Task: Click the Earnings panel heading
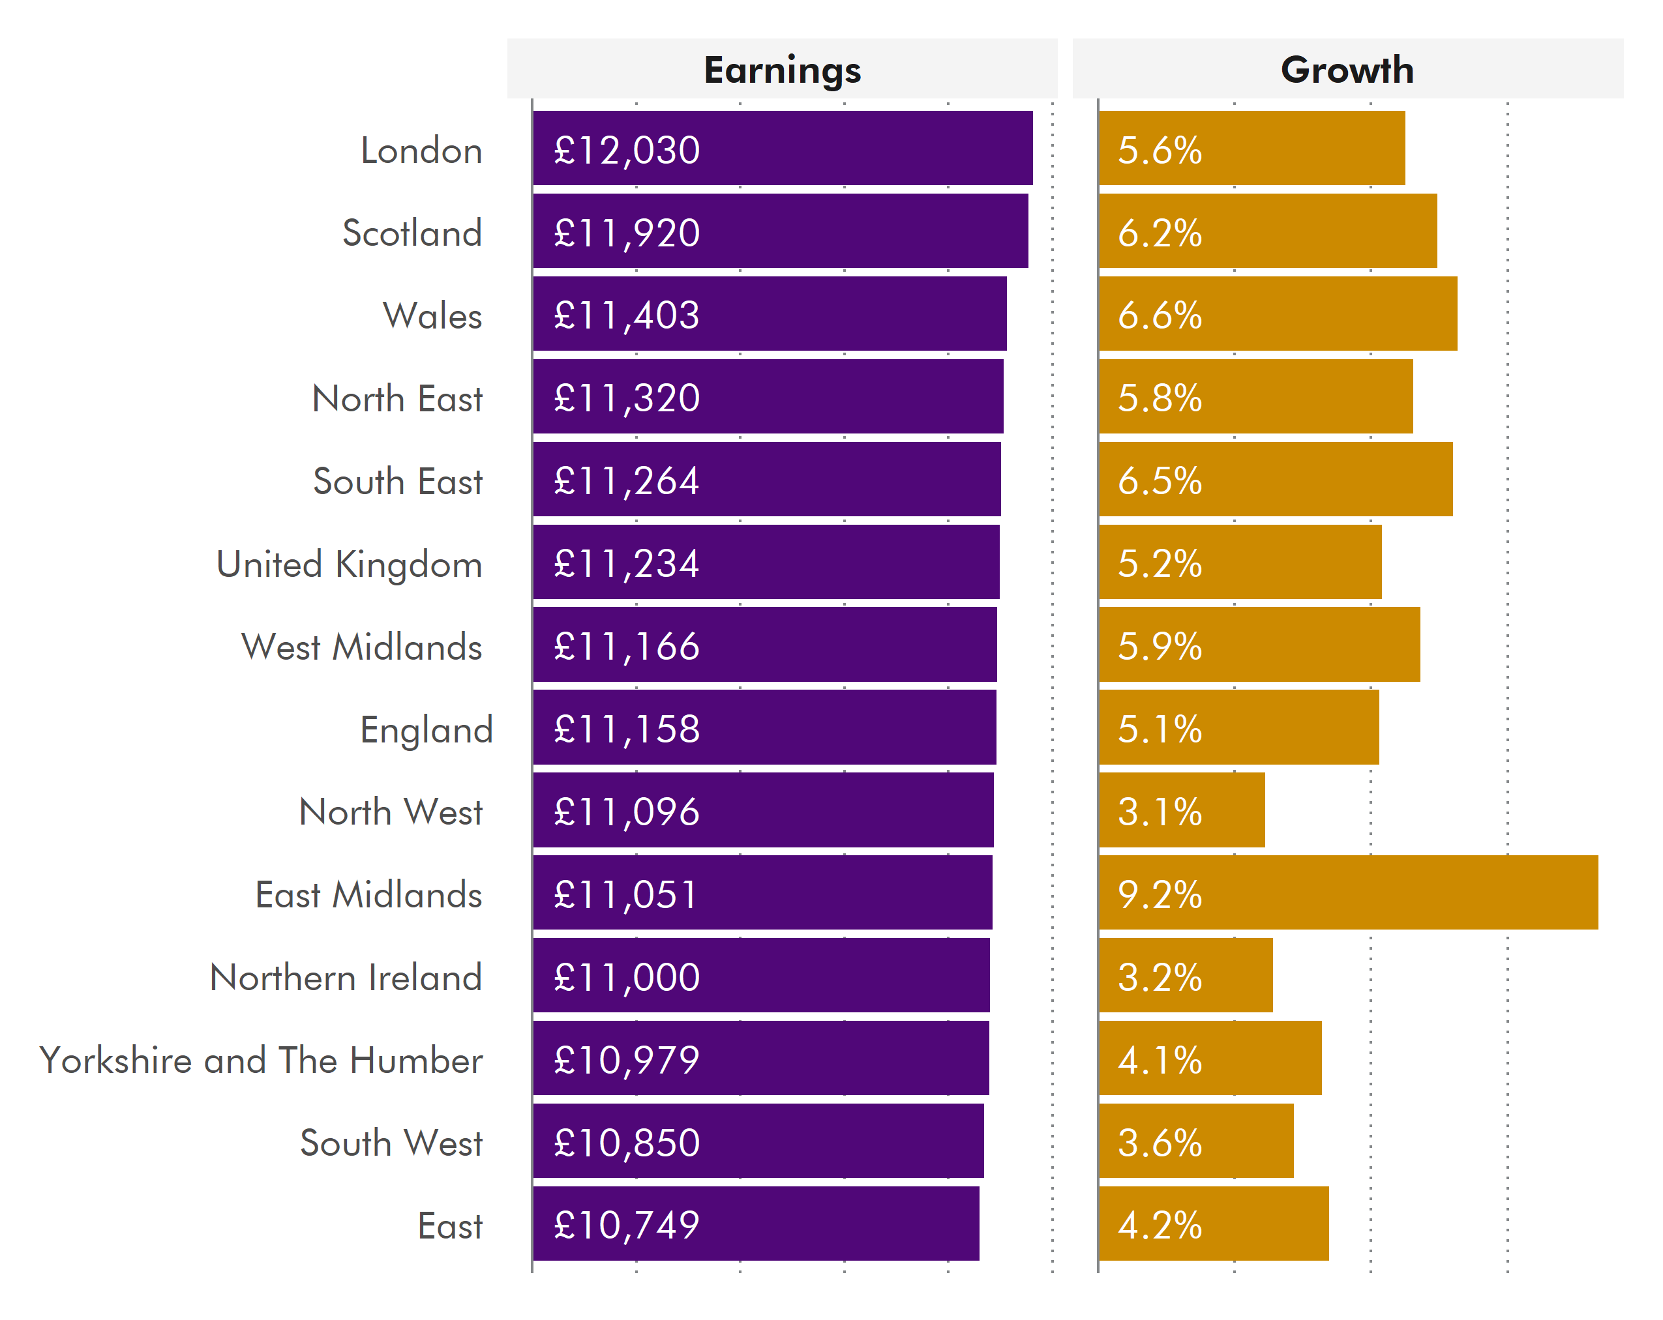781,70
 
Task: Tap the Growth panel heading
1347,70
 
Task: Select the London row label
421,151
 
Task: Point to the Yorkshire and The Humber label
261,1060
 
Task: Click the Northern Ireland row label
346,978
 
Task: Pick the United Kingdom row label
349,565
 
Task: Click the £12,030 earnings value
626,151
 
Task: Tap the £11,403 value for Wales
626,315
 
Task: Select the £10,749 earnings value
626,1225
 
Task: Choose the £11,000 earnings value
626,978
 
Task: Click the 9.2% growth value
1160,894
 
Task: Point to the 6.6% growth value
1160,315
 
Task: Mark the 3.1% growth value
1160,812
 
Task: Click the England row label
426,730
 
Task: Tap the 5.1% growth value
1160,729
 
